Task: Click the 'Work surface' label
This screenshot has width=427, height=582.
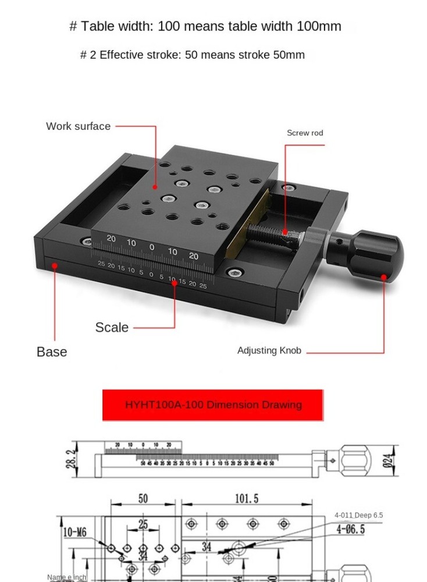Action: coord(78,126)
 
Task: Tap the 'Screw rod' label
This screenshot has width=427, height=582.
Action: coord(305,133)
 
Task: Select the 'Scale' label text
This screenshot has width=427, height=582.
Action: coord(112,328)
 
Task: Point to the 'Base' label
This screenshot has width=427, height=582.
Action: coord(52,352)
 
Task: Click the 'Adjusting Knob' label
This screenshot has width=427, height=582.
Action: coord(269,350)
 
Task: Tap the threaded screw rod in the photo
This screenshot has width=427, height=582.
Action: coord(273,233)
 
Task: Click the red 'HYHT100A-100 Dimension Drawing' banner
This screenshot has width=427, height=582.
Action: coord(213,404)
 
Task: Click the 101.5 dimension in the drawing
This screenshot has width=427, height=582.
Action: coord(247,499)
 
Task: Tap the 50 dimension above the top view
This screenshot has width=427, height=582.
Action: coord(143,499)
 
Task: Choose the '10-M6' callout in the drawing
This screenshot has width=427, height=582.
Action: coord(75,532)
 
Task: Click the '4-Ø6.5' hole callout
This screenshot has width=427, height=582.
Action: coord(350,529)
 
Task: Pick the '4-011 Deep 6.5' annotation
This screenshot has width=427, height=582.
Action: coord(358,515)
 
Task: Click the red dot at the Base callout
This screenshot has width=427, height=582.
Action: coord(55,265)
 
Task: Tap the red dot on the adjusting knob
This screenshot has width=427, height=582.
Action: coord(384,277)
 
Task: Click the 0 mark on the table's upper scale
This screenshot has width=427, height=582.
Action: coord(152,247)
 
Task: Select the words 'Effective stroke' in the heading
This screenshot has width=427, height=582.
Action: coord(140,55)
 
